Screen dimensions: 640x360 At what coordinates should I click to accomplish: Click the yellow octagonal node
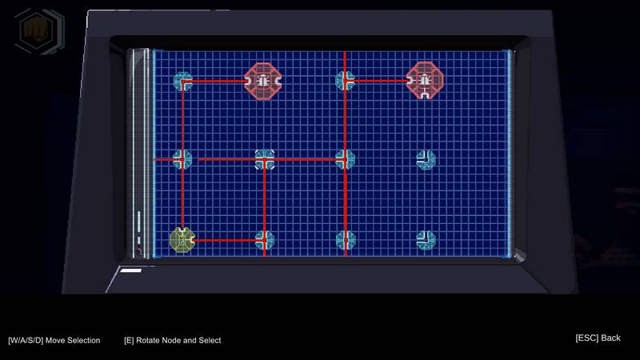coord(182,240)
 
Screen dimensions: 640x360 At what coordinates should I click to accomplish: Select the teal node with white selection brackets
coord(265,159)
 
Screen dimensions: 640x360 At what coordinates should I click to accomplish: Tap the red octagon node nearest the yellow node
coord(263,82)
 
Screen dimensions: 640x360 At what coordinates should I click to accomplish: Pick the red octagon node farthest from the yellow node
coord(425,81)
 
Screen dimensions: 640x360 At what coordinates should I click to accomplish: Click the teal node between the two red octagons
coord(345,81)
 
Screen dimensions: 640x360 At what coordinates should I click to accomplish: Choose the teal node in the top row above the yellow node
coord(182,82)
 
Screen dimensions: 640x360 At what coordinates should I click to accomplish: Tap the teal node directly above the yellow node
coord(182,159)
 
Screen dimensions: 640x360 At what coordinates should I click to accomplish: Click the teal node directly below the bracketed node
coord(265,240)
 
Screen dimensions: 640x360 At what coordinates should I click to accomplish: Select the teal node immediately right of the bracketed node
coord(345,159)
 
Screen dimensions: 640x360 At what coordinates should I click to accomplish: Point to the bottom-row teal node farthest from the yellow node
coord(426,240)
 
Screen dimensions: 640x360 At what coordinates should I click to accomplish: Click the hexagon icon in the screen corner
coord(39,30)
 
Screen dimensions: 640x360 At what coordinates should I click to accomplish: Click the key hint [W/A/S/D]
coord(26,341)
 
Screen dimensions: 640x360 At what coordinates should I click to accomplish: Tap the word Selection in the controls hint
coord(84,341)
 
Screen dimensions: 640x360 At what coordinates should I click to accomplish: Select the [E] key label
coord(129,341)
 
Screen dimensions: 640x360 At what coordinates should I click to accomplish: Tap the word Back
coord(611,338)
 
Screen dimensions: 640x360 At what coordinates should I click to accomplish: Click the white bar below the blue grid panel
coord(131,270)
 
